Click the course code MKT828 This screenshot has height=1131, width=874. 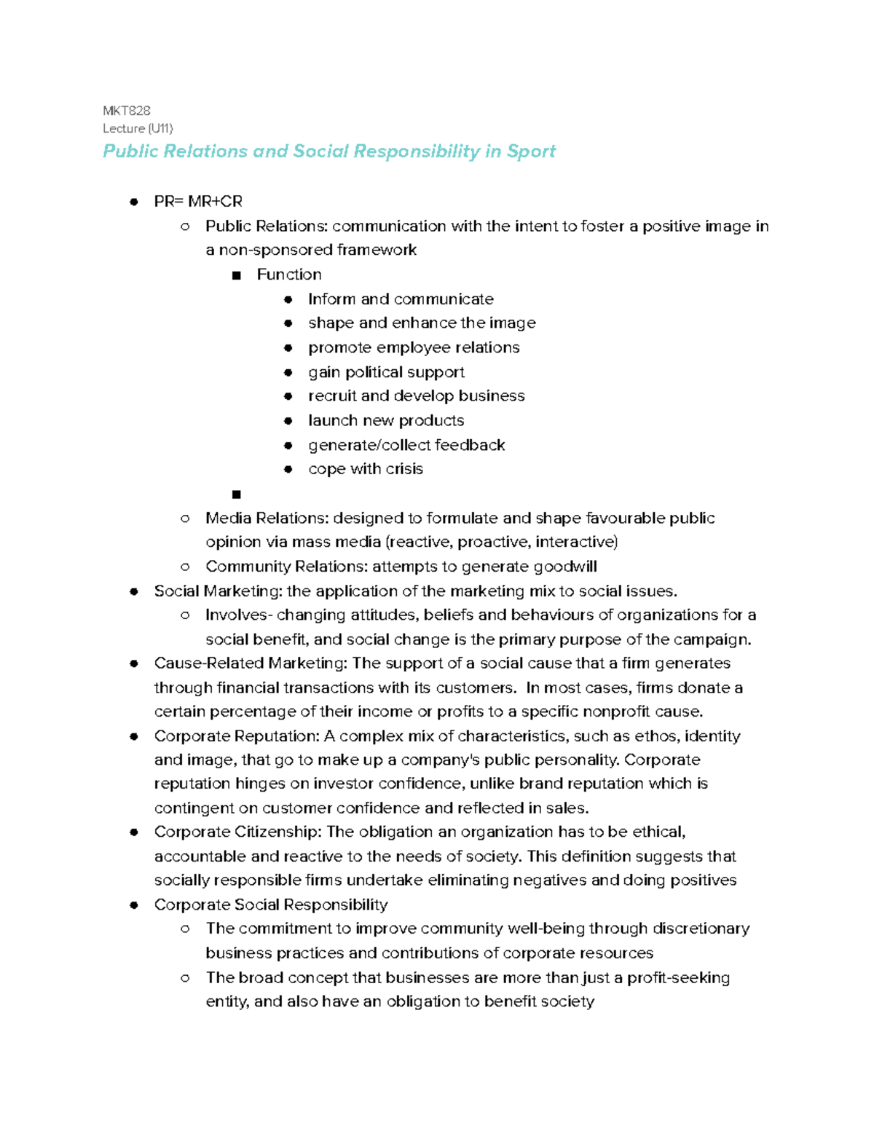pos(127,111)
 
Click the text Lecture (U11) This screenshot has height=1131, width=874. pos(138,128)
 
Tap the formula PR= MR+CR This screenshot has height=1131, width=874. pos(198,202)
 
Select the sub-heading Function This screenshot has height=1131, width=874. pos(289,275)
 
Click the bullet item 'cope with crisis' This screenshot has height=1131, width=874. pos(366,469)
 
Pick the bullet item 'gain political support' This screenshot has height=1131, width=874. pos(386,372)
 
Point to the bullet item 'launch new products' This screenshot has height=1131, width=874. pos(386,421)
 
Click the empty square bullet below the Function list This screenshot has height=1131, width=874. pos(236,494)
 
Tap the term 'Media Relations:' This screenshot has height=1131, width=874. pos(267,519)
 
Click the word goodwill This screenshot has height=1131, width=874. pos(565,567)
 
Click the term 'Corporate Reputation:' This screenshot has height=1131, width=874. pos(237,736)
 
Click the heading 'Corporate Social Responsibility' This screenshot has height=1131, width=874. pos(271,905)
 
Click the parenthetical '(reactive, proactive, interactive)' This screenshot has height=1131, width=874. pos(502,543)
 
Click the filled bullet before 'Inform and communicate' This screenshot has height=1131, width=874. pos(288,299)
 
